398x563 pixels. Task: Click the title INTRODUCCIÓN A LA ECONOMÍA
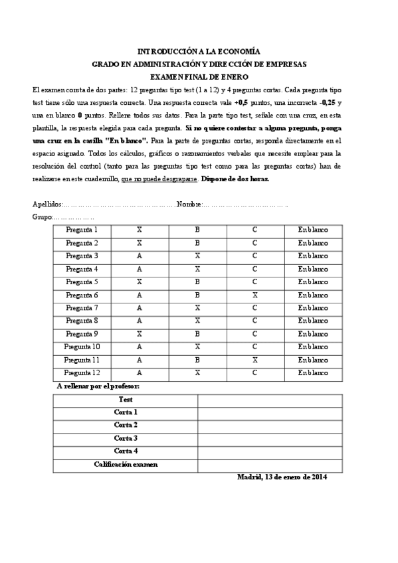pos(199,51)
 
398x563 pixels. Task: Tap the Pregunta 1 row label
pos(82,230)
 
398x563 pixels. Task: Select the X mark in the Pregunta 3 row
pos(197,256)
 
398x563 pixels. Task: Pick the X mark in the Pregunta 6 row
pos(255,295)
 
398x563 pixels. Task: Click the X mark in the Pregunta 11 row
pos(255,360)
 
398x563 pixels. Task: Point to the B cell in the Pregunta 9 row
pos(197,334)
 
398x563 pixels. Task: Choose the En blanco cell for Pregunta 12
pos(313,373)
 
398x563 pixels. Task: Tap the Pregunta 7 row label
pos(82,308)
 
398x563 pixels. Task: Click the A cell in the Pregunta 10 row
pos(140,347)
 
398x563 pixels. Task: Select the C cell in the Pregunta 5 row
pos(255,281)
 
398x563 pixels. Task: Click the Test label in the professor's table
pos(126,400)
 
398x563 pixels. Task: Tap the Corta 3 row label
pos(126,438)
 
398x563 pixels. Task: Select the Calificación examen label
pos(126,465)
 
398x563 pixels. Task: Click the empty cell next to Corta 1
pos(270,412)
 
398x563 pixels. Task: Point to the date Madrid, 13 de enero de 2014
pos(282,477)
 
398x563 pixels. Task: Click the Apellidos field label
pos(47,204)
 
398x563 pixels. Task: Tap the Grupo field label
pos(41,217)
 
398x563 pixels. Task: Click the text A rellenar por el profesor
pos(98,386)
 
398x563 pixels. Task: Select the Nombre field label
pos(189,204)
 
